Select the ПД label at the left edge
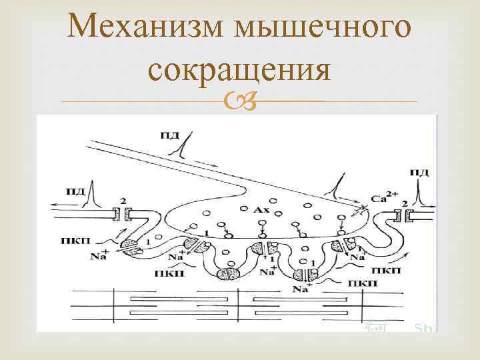pos(76,192)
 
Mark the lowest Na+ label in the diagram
pos(301,289)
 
